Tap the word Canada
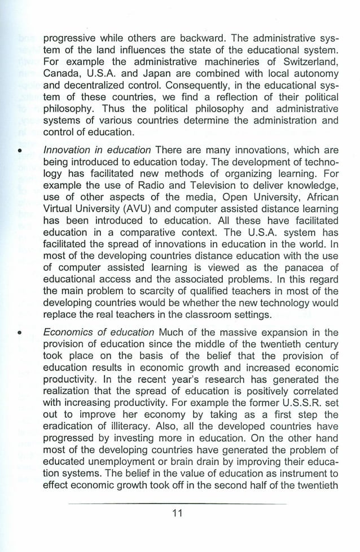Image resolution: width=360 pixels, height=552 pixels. pyautogui.click(x=62, y=74)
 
